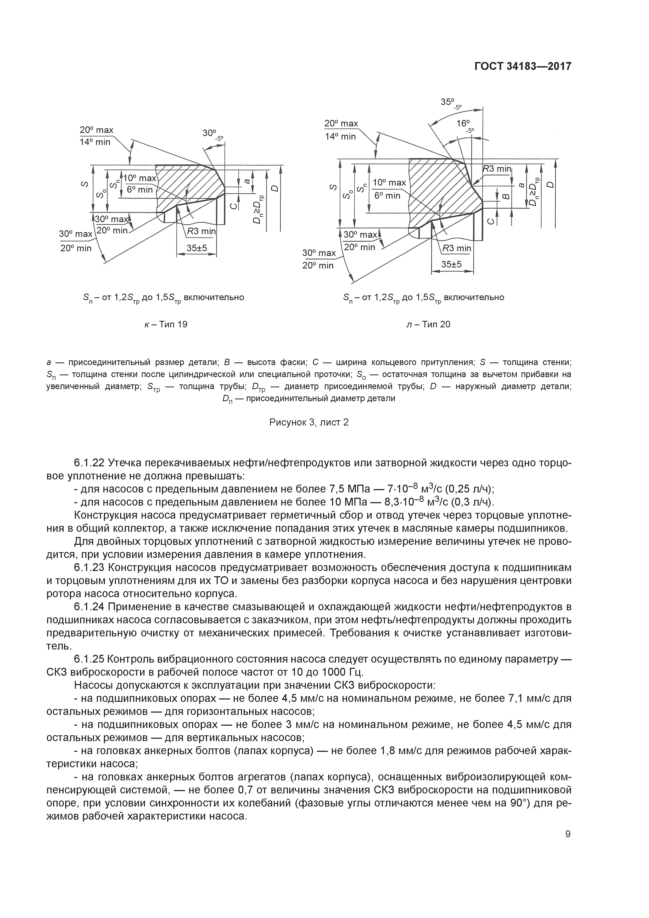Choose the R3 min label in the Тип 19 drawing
coord(202,232)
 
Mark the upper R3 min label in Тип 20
coord(497,169)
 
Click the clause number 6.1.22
coord(89,463)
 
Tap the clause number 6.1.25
coord(89,659)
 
